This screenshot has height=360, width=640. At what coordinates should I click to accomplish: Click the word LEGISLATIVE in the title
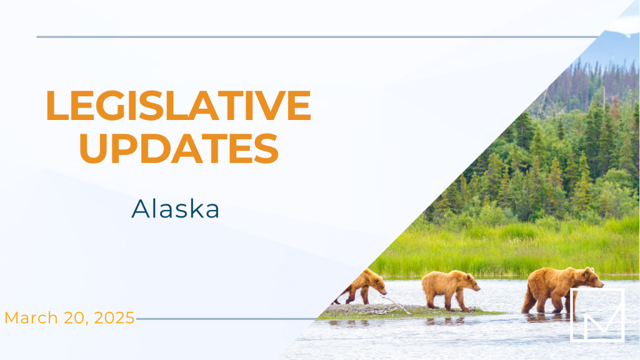[x=178, y=105]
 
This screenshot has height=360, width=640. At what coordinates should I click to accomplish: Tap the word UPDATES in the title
[x=179, y=149]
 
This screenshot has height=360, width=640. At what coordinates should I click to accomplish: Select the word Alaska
[x=175, y=209]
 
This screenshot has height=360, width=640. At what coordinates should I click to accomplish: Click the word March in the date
[x=31, y=317]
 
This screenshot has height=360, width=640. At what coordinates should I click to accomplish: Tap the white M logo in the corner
[x=597, y=314]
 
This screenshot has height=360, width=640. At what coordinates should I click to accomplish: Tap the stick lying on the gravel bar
[x=395, y=304]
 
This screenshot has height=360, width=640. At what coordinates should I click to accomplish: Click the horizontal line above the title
[x=317, y=37]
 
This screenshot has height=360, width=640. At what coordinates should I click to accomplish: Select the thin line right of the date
[x=226, y=319]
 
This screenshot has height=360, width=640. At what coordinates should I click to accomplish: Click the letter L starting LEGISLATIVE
[x=57, y=105]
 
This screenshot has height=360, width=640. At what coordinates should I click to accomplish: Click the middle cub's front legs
[x=461, y=301]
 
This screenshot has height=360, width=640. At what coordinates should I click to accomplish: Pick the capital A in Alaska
[x=141, y=209]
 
